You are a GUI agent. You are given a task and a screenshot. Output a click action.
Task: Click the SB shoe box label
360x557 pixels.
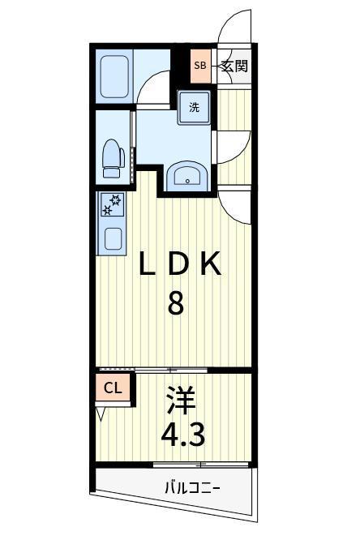click(200, 66)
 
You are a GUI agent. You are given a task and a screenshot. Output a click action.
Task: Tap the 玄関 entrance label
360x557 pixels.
click(234, 66)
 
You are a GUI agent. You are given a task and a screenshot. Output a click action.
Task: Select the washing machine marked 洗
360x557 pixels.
click(194, 107)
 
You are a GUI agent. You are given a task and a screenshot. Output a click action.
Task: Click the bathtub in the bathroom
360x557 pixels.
click(114, 76)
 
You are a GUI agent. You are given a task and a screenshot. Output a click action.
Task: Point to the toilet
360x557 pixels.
click(113, 158)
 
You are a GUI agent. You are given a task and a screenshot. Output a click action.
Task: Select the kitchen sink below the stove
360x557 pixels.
click(114, 238)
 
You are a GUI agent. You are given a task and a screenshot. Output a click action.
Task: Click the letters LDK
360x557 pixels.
click(180, 264)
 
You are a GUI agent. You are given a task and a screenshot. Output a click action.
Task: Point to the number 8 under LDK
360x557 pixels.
click(176, 302)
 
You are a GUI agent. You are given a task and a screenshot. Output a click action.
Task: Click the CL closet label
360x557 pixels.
click(113, 388)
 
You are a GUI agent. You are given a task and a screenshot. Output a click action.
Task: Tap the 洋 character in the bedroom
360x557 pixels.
click(182, 401)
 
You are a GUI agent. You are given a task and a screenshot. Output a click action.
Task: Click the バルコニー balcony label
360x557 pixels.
click(193, 488)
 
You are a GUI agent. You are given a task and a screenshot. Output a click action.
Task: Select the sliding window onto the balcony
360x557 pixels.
click(201, 465)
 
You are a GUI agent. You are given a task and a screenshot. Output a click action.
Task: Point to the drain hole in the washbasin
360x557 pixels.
click(187, 182)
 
